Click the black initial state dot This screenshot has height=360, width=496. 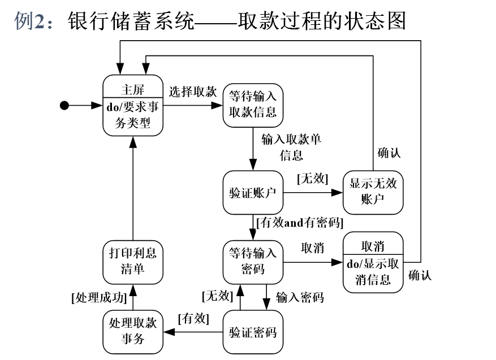point(64,105)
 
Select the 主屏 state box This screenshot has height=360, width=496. point(132,105)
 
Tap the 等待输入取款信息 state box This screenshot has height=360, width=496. point(253,105)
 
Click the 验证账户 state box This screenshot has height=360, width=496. point(252,193)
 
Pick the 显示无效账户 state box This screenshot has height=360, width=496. point(373,192)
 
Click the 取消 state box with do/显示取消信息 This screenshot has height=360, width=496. point(373,262)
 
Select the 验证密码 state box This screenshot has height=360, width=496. point(252,332)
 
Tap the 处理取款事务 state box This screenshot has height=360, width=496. point(132,332)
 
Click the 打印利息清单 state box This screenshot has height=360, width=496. point(132,262)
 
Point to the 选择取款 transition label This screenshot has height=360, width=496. point(192,92)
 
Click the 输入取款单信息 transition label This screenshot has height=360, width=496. point(291,146)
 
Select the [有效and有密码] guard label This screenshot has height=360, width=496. point(300,223)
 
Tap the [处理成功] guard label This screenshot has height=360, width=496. point(97,297)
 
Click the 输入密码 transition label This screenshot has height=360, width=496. point(300,297)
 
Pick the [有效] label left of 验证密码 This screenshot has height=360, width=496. point(193,319)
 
